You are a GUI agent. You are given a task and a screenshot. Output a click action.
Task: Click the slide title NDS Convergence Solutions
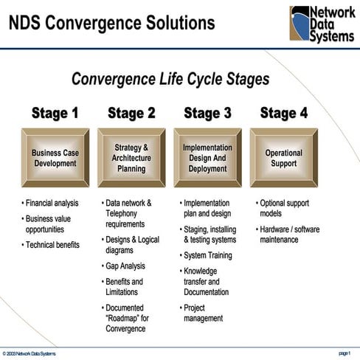coord(112,23)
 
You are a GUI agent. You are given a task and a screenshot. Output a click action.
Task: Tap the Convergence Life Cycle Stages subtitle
coord(170,79)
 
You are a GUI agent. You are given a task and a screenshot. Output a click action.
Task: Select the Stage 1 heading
coord(55,113)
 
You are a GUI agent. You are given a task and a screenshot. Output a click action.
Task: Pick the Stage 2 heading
coord(131,113)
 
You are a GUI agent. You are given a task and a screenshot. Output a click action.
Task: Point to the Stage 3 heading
coord(207,113)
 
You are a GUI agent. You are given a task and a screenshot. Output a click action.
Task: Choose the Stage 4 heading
coord(283,113)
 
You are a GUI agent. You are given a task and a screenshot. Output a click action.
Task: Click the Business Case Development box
coord(55,158)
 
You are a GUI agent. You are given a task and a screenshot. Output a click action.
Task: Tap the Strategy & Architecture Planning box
coord(131,158)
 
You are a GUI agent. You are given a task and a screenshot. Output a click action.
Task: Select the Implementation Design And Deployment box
coord(207,158)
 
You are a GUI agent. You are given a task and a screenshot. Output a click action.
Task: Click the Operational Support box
coord(283,158)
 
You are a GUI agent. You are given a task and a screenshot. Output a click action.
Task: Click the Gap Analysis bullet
coord(125,266)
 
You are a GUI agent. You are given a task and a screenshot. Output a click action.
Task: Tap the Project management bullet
coord(203,313)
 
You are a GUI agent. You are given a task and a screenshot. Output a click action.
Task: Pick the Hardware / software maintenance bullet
coord(289,235)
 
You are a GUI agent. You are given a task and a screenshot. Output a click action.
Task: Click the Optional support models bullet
coord(284,208)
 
